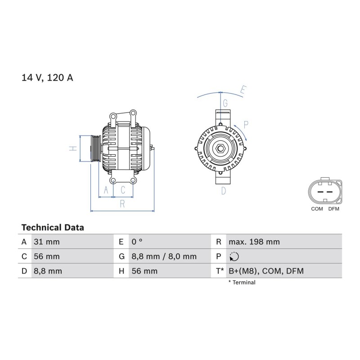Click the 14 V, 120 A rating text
[x=47, y=77]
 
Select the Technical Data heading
[x=53, y=228]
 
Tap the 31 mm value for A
[x=47, y=242]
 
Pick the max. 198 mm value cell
[x=254, y=242]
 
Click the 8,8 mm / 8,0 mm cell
[x=164, y=256]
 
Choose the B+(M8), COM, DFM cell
[x=266, y=271]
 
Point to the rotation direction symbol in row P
[x=234, y=256]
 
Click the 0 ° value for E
[x=137, y=242]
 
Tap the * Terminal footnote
[x=242, y=283]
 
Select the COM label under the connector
[x=317, y=209]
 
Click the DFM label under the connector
[x=333, y=209]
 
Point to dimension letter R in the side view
[x=122, y=204]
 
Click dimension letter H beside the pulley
[x=73, y=148]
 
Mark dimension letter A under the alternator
[x=106, y=190]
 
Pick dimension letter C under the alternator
[x=123, y=190]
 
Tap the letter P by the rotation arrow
[x=246, y=125]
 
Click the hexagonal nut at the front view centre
[x=220, y=148]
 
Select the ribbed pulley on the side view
[x=95, y=148]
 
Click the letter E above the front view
[x=243, y=90]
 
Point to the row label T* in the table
[x=220, y=271]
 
